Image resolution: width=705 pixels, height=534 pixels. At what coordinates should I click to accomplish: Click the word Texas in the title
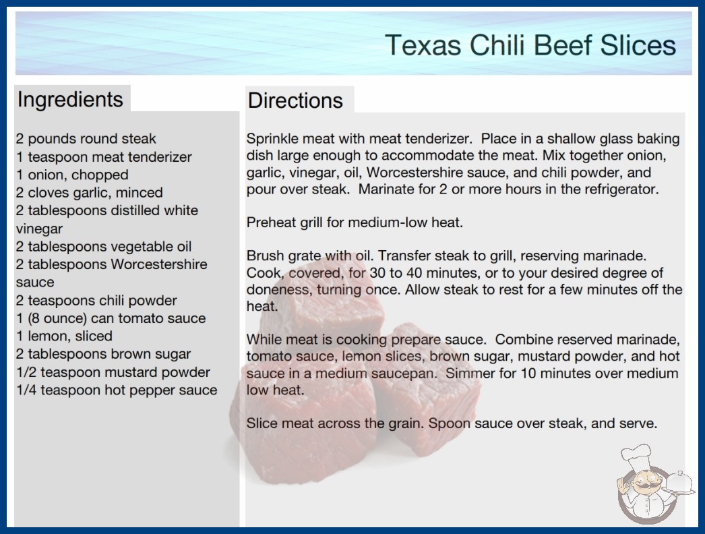tap(423, 45)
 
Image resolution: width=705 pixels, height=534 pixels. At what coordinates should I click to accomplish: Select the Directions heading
tap(295, 100)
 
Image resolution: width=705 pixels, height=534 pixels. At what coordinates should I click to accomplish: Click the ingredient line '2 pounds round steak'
tap(86, 139)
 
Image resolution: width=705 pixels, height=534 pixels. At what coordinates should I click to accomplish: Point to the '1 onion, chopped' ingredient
tap(72, 175)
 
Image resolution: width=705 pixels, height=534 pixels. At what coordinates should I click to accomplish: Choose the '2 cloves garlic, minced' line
tap(90, 193)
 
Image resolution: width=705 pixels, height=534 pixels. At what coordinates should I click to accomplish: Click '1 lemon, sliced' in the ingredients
tap(64, 336)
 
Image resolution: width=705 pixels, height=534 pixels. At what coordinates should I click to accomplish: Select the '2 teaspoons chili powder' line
tap(96, 300)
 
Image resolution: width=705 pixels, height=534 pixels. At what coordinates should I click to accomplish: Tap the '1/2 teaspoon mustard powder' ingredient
tap(113, 372)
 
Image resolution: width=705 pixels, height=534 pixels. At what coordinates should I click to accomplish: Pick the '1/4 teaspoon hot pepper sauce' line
tap(117, 390)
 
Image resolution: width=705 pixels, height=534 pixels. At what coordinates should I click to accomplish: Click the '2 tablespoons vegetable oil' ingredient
tap(104, 247)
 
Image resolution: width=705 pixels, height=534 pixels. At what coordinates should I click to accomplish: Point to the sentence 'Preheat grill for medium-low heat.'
tap(355, 222)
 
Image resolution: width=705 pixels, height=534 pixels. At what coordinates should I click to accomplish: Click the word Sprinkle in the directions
tap(272, 139)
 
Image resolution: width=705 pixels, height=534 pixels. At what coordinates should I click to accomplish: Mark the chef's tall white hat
tap(637, 456)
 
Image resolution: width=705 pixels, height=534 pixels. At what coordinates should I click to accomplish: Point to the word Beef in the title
tap(564, 45)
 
